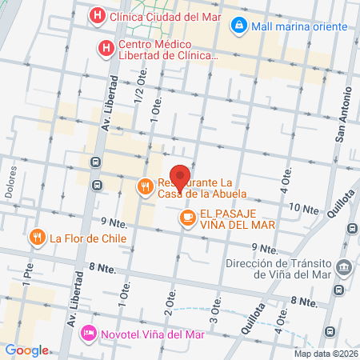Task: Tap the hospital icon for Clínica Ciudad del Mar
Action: pyautogui.click(x=97, y=14)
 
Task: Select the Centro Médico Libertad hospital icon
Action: pyautogui.click(x=105, y=49)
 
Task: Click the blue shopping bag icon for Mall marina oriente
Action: pyautogui.click(x=238, y=26)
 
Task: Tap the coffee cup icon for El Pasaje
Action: pyautogui.click(x=187, y=217)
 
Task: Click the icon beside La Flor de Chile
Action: pyautogui.click(x=37, y=237)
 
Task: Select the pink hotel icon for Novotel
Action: pyautogui.click(x=89, y=334)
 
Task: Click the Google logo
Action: pyautogui.click(x=26, y=350)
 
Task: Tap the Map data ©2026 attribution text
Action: pyautogui.click(x=326, y=353)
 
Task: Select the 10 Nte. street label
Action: pyautogui.click(x=303, y=209)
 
